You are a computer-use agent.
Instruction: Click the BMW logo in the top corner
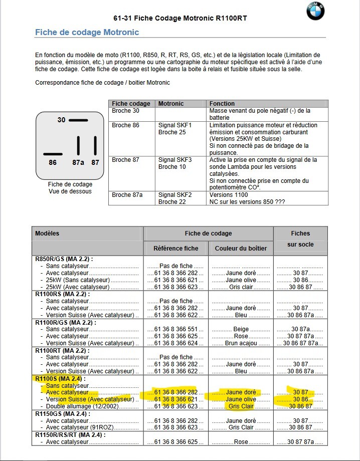click(315, 11)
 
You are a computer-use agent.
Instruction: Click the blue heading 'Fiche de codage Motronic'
click(87, 33)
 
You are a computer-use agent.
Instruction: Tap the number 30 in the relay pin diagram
click(61, 120)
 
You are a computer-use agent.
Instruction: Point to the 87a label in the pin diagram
click(78, 162)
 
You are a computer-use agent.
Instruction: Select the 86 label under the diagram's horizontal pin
click(53, 162)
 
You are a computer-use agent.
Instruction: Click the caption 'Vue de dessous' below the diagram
click(70, 191)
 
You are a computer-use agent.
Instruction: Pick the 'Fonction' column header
click(222, 104)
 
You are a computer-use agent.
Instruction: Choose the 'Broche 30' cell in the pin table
click(125, 111)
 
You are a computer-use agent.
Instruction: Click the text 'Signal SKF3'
click(175, 160)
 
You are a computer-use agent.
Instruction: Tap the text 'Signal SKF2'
click(175, 195)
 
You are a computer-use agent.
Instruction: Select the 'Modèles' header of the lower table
click(47, 234)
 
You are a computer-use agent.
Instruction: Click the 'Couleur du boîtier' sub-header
click(241, 249)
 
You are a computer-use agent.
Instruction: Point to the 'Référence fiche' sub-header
click(175, 249)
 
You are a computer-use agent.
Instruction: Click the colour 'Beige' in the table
click(241, 329)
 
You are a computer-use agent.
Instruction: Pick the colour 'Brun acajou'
click(241, 343)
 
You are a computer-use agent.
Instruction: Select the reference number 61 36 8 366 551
click(175, 329)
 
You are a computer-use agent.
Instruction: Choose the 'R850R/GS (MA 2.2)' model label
click(64, 259)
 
